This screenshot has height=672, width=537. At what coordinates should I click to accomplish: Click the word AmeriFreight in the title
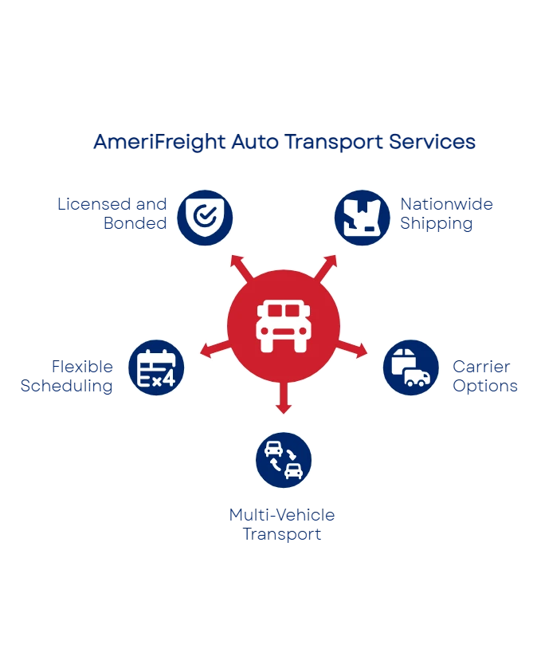pyautogui.click(x=159, y=142)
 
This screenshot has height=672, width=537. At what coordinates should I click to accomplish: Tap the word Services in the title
pyautogui.click(x=432, y=142)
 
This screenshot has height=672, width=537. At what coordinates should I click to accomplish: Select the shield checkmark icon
pyautogui.click(x=205, y=218)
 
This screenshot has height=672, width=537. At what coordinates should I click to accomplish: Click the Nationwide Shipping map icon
pyautogui.click(x=363, y=218)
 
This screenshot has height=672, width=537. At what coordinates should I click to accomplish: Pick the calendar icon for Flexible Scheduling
pyautogui.click(x=156, y=367)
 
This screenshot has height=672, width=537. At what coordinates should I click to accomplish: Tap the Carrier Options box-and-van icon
pyautogui.click(x=411, y=367)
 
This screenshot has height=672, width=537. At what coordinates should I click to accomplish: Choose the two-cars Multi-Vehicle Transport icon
pyautogui.click(x=284, y=460)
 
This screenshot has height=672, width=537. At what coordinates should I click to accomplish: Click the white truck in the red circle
pyautogui.click(x=284, y=326)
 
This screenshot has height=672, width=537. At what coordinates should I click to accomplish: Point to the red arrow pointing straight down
pyautogui.click(x=284, y=397)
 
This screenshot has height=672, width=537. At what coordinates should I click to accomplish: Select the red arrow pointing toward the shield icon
pyautogui.click(x=241, y=269)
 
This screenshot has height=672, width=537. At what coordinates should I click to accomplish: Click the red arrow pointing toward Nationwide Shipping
pyautogui.click(x=325, y=269)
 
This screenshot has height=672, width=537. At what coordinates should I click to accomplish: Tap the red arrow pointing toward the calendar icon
pyautogui.click(x=215, y=349)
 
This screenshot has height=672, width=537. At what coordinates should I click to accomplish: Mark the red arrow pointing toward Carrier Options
pyautogui.click(x=352, y=349)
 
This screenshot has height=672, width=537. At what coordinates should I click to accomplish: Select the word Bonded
pyautogui.click(x=135, y=223)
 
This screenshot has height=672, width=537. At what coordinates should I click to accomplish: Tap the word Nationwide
pyautogui.click(x=447, y=204)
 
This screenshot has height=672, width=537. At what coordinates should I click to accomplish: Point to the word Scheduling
pyautogui.click(x=67, y=387)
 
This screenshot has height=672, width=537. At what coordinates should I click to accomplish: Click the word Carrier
pyautogui.click(x=481, y=367)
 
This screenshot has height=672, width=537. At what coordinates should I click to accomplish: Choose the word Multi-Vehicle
pyautogui.click(x=282, y=515)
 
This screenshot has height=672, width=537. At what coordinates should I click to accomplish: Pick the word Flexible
pyautogui.click(x=82, y=367)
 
